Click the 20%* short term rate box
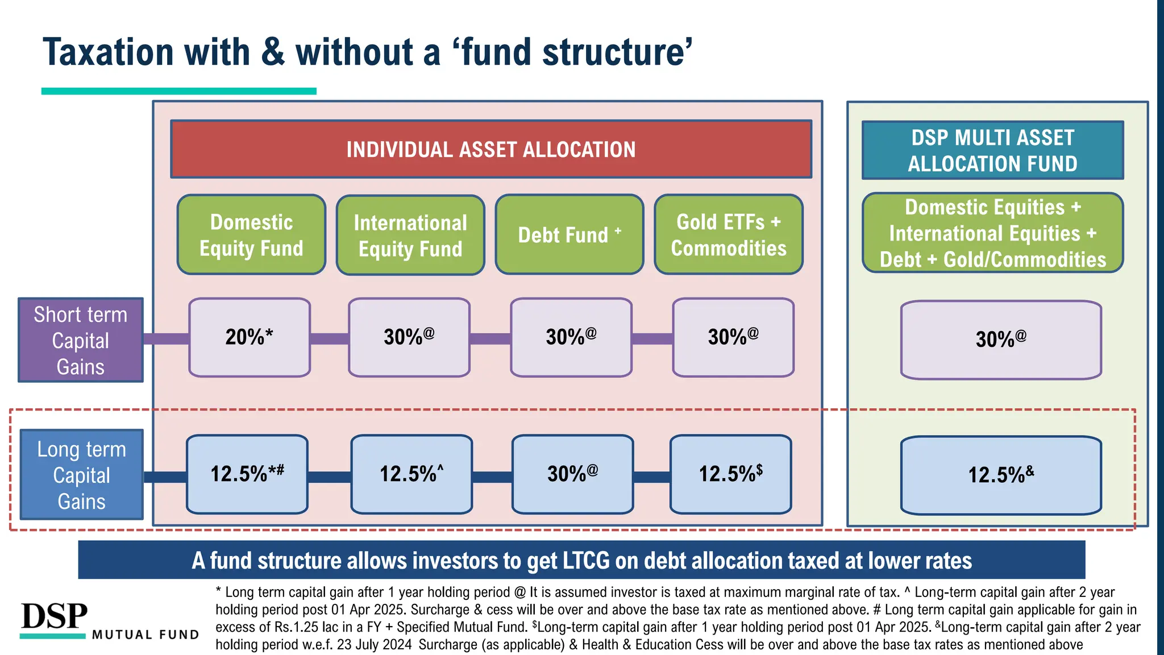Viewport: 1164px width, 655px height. coord(250,337)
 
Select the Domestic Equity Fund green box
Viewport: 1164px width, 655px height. coord(251,235)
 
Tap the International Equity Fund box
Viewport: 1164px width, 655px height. coord(410,235)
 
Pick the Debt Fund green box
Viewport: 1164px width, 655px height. coord(569,235)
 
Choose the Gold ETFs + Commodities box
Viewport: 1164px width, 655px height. coord(729,235)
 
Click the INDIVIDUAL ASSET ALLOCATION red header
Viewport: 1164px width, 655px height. coord(491,150)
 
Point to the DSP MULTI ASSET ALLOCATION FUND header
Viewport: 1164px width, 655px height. coord(992,151)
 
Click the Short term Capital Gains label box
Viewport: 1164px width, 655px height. coord(81,340)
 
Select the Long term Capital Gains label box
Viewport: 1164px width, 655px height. coord(82,475)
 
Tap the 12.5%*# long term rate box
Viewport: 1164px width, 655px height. coord(247,474)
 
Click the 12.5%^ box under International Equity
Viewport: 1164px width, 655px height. coord(411,474)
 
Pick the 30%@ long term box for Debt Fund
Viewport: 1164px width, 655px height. coord(572,474)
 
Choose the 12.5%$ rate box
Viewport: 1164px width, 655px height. coord(730,474)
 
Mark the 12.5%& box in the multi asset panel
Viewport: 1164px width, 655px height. coord(1001,475)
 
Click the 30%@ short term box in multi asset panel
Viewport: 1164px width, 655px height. coord(1001,339)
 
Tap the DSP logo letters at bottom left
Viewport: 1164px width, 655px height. coord(55,616)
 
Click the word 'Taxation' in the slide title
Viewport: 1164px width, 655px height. coord(108,52)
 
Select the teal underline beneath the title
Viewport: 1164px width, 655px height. coord(178,91)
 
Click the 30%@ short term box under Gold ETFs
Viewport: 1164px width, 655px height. coord(733,337)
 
